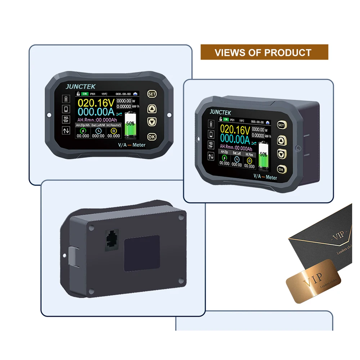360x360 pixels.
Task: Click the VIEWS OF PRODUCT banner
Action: pyautogui.click(x=264, y=52)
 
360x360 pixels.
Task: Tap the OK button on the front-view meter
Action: pyautogui.click(x=152, y=137)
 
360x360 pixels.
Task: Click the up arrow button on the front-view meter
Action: pyautogui.click(x=152, y=108)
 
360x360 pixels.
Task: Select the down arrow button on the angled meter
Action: pyautogui.click(x=281, y=154)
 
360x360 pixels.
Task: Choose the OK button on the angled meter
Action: pyautogui.click(x=281, y=169)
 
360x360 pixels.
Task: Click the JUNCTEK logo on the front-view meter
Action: pyautogui.click(x=80, y=86)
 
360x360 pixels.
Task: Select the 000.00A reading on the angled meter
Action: pyautogui.click(x=235, y=139)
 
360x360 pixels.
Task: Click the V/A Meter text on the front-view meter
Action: pyautogui.click(x=132, y=145)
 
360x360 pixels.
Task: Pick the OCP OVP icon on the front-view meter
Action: pyautogui.click(x=66, y=120)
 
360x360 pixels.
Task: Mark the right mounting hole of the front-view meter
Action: pyautogui.click(x=169, y=115)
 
